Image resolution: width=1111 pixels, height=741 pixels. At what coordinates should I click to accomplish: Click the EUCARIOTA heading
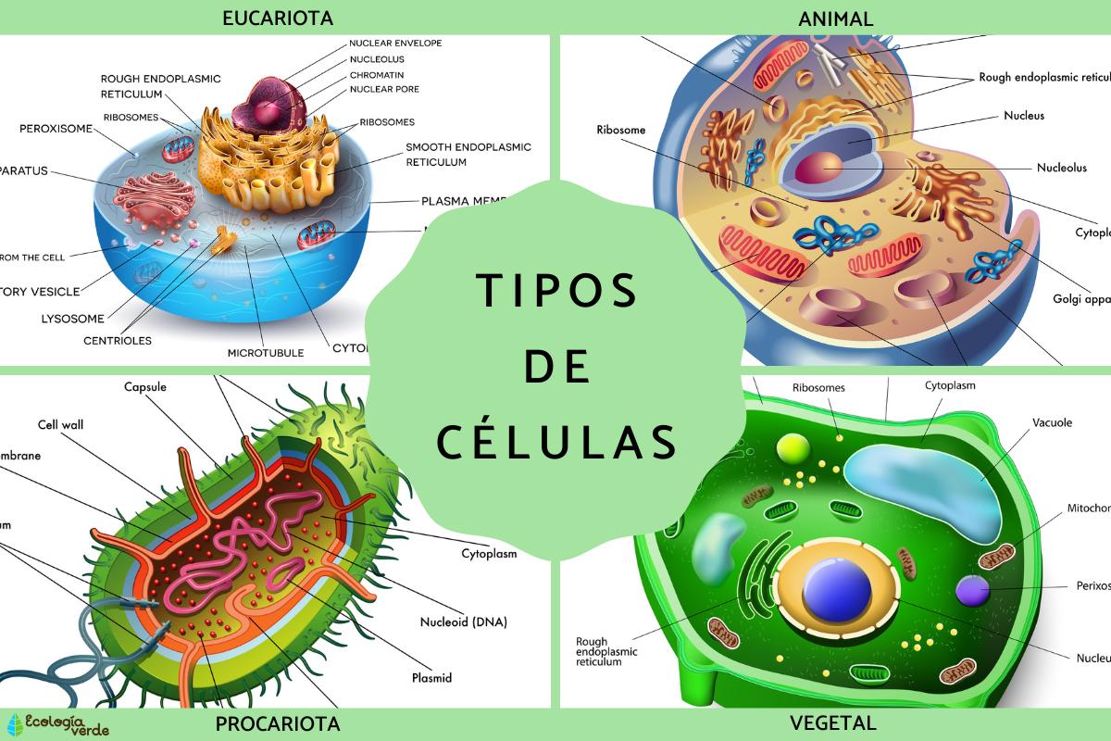tap(277, 17)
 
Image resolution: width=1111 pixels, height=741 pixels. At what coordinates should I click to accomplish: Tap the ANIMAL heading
tap(836, 17)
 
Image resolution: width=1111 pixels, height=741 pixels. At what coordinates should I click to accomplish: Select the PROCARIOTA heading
tap(277, 723)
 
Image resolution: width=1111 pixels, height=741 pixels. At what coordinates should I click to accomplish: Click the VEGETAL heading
tap(833, 723)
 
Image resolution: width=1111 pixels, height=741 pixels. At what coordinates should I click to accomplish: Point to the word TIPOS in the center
tap(556, 291)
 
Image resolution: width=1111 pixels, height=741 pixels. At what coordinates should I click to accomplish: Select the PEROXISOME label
tap(56, 129)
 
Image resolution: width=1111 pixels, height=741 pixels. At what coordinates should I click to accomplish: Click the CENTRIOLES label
tap(117, 340)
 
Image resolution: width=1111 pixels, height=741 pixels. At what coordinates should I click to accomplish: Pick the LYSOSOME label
tap(72, 318)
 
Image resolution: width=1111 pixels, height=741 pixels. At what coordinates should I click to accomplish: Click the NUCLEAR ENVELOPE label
tap(395, 43)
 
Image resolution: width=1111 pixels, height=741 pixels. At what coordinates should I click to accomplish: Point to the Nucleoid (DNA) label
tap(463, 622)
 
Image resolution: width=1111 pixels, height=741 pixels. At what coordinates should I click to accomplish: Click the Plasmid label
tap(431, 677)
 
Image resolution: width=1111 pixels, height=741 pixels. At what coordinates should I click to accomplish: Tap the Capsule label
tap(145, 386)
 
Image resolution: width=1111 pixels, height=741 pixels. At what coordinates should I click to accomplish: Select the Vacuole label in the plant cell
tap(1052, 422)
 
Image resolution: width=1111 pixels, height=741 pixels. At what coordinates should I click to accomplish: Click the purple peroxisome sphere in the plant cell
tap(972, 590)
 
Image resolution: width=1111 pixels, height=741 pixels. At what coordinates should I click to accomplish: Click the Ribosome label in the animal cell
tap(620, 131)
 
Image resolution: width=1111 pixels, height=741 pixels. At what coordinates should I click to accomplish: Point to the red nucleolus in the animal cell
tap(818, 169)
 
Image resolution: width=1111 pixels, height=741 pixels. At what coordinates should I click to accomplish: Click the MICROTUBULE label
tap(266, 353)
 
